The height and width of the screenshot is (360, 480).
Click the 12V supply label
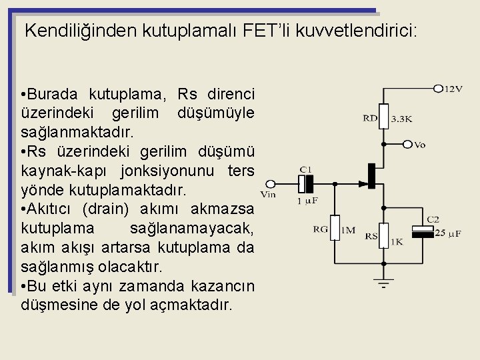[453, 89]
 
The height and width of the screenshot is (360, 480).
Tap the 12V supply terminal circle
[438, 88]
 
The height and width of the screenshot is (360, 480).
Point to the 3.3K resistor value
[401, 119]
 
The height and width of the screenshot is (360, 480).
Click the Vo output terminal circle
[407, 143]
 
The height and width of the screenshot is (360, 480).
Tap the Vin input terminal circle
[271, 183]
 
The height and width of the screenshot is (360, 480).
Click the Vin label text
[267, 195]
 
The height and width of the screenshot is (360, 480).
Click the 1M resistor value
[348, 231]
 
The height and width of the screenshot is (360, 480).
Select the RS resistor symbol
[383, 233]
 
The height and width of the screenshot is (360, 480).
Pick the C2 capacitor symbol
[425, 231]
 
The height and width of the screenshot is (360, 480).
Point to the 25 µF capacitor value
[447, 233]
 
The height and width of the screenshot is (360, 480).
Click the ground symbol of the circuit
[383, 284]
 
